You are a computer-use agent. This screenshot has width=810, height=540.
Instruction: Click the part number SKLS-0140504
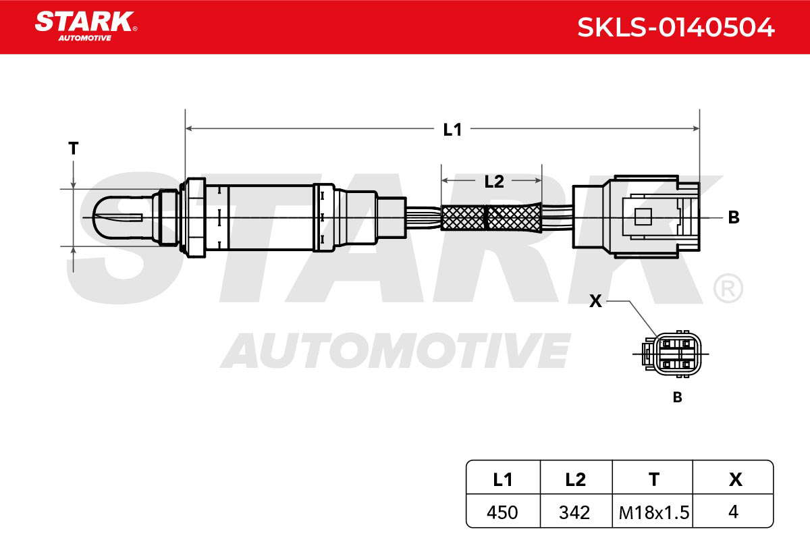676,28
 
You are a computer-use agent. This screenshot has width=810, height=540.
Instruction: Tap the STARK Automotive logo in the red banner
86,26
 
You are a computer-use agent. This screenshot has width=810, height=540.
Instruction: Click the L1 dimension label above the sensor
452,130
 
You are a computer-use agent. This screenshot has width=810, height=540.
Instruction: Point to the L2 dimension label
494,182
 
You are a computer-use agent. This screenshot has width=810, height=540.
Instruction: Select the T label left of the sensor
74,148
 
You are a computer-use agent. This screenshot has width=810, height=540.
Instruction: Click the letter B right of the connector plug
734,217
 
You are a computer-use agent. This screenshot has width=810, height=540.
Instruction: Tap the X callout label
595,301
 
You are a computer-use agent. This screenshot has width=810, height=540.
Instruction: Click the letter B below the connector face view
677,397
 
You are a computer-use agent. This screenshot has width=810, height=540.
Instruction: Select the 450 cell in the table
502,512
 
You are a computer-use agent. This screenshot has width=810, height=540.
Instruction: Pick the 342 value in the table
574,512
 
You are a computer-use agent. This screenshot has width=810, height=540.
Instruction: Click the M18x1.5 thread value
654,512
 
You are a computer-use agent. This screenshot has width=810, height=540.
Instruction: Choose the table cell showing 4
733,512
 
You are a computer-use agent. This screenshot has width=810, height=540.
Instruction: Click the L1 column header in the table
503,480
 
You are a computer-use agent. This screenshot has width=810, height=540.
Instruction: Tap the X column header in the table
736,480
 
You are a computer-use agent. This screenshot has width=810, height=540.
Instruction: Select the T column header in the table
654,480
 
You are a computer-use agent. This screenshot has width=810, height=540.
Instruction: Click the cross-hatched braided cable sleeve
491,217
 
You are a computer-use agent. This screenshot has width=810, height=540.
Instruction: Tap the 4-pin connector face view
672,354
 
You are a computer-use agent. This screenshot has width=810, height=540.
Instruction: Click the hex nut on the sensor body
193,218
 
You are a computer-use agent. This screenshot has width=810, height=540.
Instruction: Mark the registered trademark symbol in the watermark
728,288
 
